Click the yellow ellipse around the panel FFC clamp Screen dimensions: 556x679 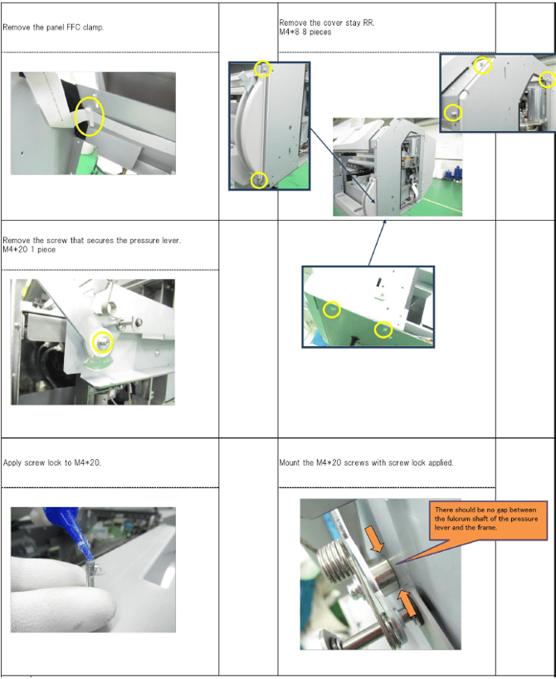76,116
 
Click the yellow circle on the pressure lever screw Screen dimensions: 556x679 93,343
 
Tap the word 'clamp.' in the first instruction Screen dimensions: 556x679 93,27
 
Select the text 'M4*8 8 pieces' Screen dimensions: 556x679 305,32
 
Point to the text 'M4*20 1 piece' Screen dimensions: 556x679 29,249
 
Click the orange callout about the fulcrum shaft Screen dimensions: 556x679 488,520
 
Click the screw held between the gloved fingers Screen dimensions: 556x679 90,573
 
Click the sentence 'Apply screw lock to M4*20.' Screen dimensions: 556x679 52,462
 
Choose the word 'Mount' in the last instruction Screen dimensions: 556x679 290,462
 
